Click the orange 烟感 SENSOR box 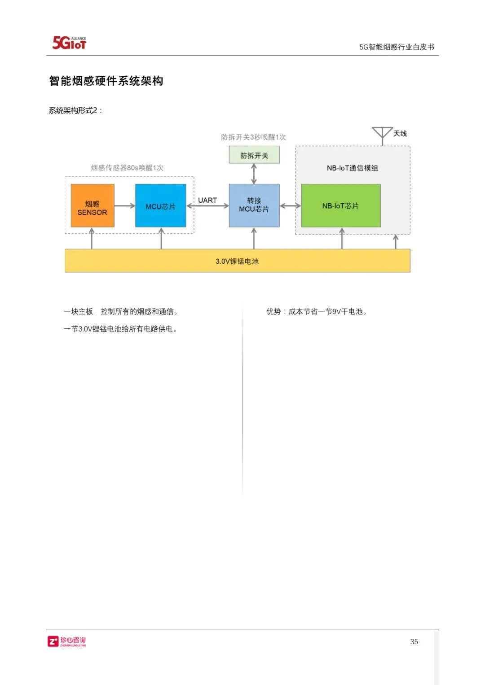tap(93, 205)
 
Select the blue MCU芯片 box tap(160, 205)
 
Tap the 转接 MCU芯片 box tap(254, 205)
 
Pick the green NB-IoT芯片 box tap(340, 205)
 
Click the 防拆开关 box tap(254, 155)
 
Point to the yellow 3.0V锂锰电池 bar tap(237, 261)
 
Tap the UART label tap(207, 200)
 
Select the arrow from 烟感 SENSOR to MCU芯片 tap(125, 206)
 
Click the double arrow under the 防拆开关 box tap(254, 174)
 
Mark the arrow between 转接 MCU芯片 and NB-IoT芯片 tap(291, 206)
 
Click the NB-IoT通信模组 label tap(353, 168)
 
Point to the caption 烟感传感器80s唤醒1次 tap(127, 168)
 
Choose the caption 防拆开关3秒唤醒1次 tap(253, 137)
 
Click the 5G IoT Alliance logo tap(69, 43)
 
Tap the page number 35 tap(414, 641)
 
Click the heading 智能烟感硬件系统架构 tap(106, 81)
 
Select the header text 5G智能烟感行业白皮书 tap(397, 47)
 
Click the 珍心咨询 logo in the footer tap(67, 641)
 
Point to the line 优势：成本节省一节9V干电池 tap(317, 311)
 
